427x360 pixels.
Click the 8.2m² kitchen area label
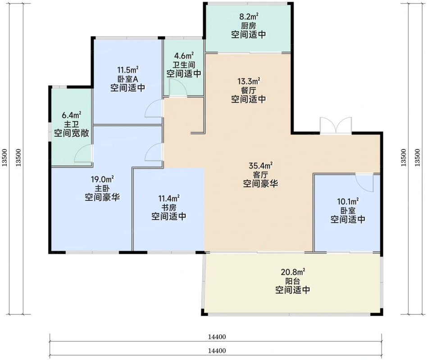(249, 17)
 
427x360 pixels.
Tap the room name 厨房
(249, 26)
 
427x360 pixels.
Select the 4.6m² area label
(184, 55)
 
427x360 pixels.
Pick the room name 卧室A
(128, 79)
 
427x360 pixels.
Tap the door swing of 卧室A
(154, 108)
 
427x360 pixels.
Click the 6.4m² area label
(71, 115)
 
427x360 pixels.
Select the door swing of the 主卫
(83, 154)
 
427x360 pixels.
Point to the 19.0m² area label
(102, 179)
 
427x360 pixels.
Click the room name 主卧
(102, 188)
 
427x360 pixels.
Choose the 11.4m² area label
(169, 198)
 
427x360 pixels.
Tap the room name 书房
(169, 207)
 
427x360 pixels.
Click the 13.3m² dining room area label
(249, 81)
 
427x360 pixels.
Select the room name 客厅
(261, 175)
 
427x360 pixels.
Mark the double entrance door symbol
(336, 126)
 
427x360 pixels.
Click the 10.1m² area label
(348, 201)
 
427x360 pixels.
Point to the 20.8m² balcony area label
(293, 271)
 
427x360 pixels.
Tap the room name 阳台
(293, 281)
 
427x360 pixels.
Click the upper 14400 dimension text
(217, 337)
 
